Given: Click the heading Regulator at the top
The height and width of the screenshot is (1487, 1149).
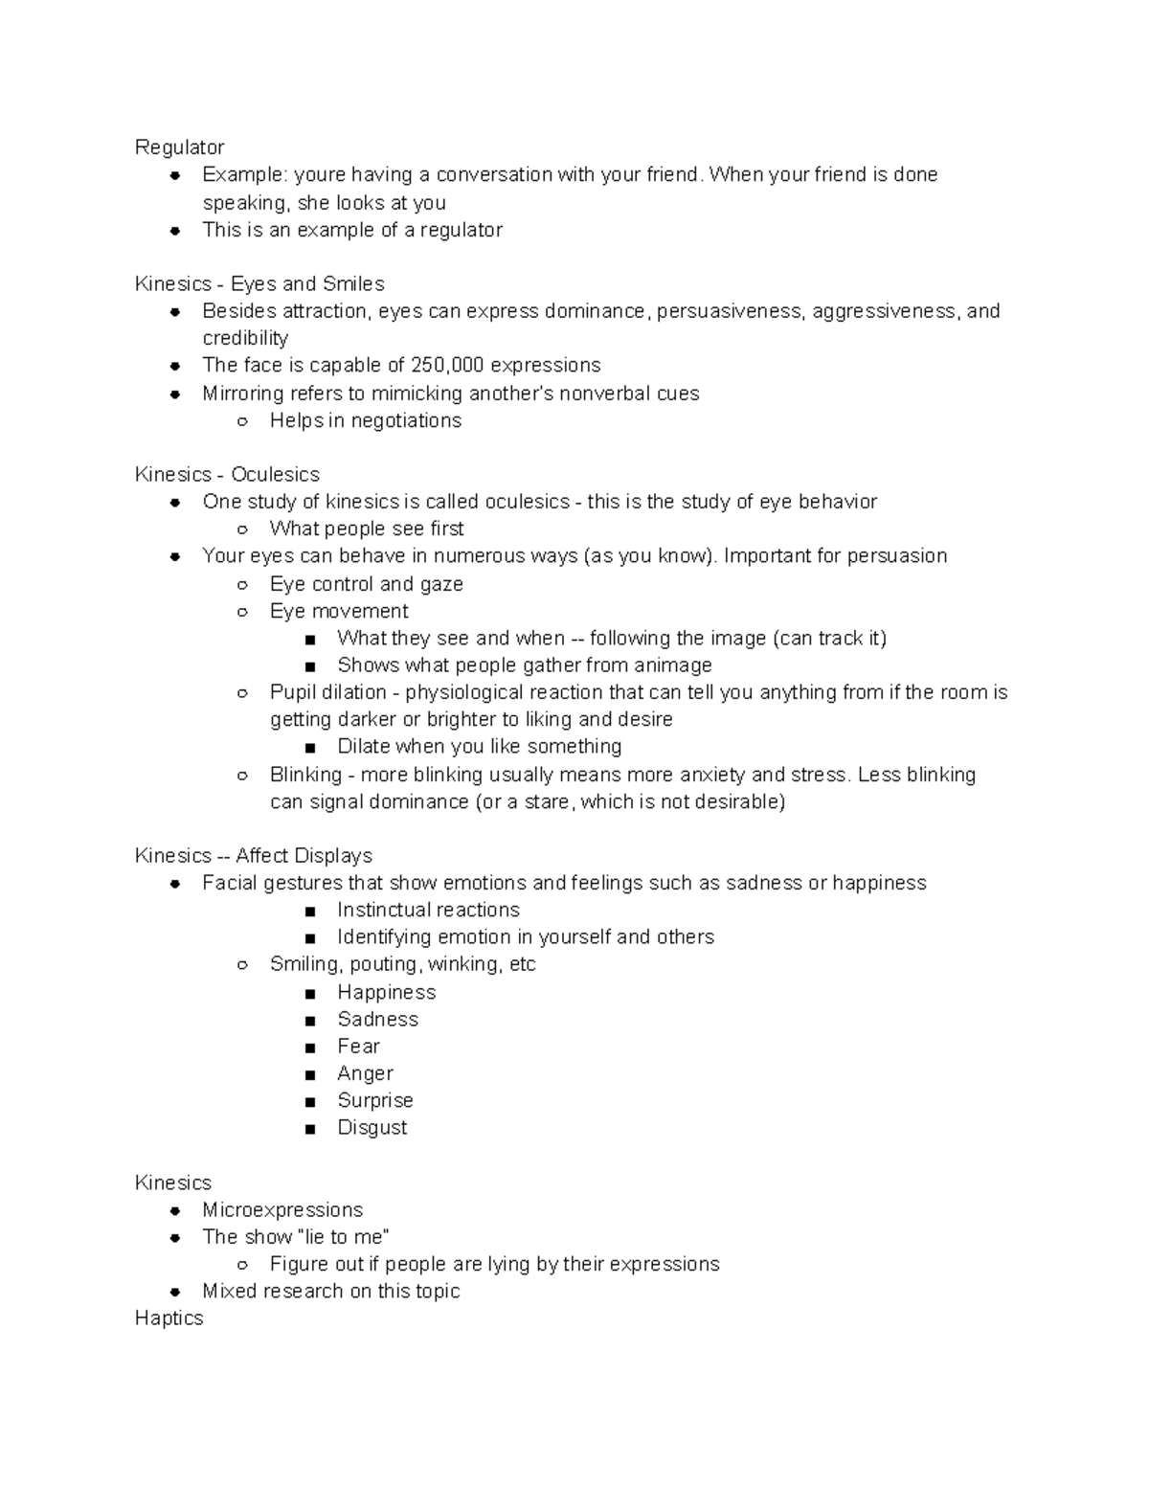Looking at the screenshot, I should (179, 147).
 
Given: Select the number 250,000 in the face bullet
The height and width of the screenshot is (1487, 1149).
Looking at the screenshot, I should (447, 366).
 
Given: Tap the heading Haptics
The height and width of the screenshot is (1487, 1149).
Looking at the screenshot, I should (169, 1318).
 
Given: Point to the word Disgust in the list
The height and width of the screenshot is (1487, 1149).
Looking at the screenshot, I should (372, 1128).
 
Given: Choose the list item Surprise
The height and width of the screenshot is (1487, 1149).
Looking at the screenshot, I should (374, 1101).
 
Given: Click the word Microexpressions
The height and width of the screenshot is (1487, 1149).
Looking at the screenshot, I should (282, 1210).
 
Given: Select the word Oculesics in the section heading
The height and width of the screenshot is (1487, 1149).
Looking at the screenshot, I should (275, 475).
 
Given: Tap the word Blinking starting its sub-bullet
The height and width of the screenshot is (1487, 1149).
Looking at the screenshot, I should (305, 775).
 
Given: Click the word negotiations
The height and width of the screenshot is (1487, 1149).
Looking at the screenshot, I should (406, 421).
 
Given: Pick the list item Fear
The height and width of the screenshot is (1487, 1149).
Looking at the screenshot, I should (358, 1047).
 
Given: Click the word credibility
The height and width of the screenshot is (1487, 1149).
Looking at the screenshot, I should (245, 339).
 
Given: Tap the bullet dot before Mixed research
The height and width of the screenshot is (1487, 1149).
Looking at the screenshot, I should (175, 1292).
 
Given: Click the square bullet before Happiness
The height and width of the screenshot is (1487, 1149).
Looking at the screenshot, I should (309, 994).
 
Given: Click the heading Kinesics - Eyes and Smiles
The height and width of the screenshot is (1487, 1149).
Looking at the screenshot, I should (259, 284).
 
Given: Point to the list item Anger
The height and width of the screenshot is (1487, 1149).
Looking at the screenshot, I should (365, 1074).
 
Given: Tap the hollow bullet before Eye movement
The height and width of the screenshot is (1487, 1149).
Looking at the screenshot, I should (242, 612).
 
